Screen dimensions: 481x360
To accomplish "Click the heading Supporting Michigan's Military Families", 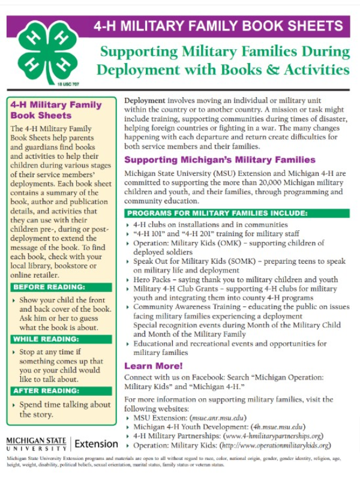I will (x=220, y=160).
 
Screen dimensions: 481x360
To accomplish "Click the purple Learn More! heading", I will (x=153, y=366).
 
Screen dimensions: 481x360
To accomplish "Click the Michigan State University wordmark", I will (x=36, y=444).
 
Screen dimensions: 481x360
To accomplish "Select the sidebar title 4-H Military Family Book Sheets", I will (x=56, y=110).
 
